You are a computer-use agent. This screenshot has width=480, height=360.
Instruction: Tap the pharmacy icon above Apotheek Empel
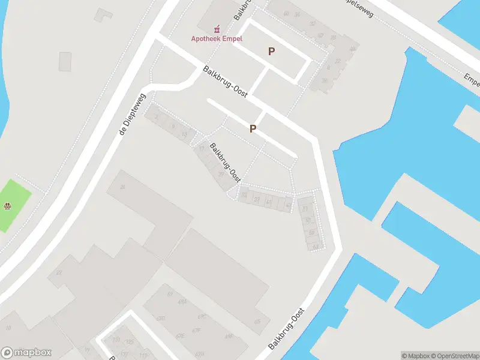click(x=217, y=28)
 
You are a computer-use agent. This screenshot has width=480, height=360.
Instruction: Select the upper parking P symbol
click(x=271, y=52)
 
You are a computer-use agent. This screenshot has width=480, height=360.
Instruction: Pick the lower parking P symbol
click(x=253, y=129)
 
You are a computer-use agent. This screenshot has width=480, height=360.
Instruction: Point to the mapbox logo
click(x=26, y=353)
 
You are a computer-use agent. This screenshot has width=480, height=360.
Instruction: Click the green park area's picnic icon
click(x=7, y=207)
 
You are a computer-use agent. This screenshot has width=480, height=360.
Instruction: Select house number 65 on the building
click(x=257, y=322)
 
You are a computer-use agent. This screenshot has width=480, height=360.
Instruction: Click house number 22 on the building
click(x=58, y=273)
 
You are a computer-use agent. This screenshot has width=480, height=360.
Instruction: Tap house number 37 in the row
click(x=257, y=199)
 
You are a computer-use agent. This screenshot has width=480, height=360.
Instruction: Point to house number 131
click(x=116, y=340)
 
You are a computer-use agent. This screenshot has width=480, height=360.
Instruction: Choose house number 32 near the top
click(x=313, y=24)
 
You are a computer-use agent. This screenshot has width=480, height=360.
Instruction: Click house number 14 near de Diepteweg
click(x=184, y=133)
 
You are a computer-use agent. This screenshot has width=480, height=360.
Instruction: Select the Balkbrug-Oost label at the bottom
click(x=286, y=329)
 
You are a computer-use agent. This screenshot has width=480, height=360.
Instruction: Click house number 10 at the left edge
click(x=8, y=328)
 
